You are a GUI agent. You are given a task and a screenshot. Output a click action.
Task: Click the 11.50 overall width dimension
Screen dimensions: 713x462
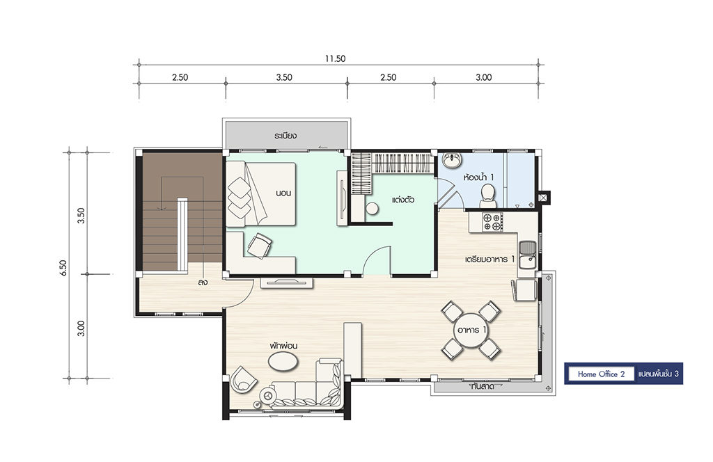(335, 58)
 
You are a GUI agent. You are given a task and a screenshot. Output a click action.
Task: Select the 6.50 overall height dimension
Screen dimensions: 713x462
(63, 268)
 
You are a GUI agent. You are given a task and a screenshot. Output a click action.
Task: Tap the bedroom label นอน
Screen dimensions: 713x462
(283, 193)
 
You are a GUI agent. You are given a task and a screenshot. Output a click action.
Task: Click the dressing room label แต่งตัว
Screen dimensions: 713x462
(403, 200)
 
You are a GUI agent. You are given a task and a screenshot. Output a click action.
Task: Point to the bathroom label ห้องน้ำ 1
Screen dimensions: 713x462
(479, 177)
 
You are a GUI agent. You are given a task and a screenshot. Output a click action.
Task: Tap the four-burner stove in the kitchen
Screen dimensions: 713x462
(492, 222)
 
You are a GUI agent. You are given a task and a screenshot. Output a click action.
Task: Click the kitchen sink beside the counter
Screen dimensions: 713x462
(528, 255)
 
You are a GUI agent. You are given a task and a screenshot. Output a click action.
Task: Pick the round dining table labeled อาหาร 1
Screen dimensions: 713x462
(471, 330)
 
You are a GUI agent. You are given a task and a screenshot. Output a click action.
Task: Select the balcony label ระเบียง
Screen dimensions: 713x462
(285, 136)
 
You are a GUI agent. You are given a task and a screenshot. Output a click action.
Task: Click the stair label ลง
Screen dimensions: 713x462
(203, 282)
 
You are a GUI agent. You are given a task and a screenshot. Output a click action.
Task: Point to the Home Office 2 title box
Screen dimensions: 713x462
(601, 374)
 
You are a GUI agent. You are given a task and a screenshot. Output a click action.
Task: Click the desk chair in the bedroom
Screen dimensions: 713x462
(259, 246)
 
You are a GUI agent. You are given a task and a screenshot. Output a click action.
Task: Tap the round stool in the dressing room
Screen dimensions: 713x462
(372, 209)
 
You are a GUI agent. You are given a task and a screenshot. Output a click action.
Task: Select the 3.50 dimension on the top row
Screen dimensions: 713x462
(284, 77)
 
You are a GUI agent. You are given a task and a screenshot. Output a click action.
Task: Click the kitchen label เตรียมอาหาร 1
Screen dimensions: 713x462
(489, 259)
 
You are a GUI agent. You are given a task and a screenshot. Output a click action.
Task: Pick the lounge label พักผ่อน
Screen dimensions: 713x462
(283, 346)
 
